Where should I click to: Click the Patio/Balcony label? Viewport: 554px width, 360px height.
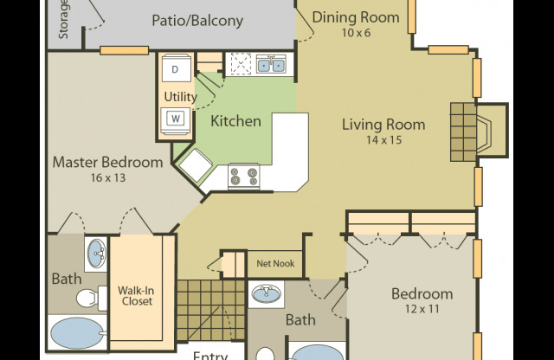(197, 20)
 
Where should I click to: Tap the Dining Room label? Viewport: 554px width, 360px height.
(356, 17)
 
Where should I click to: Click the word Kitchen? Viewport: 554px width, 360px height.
(235, 121)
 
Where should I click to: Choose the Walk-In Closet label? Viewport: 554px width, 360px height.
(135, 295)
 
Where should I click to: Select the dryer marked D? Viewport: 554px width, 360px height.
(175, 67)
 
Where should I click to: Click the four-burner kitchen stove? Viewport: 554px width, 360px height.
(243, 177)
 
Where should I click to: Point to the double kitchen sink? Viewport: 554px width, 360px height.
(273, 63)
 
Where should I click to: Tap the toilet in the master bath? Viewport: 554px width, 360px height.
(85, 299)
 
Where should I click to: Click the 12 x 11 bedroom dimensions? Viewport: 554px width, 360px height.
(422, 308)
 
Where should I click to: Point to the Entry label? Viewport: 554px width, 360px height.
(209, 355)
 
